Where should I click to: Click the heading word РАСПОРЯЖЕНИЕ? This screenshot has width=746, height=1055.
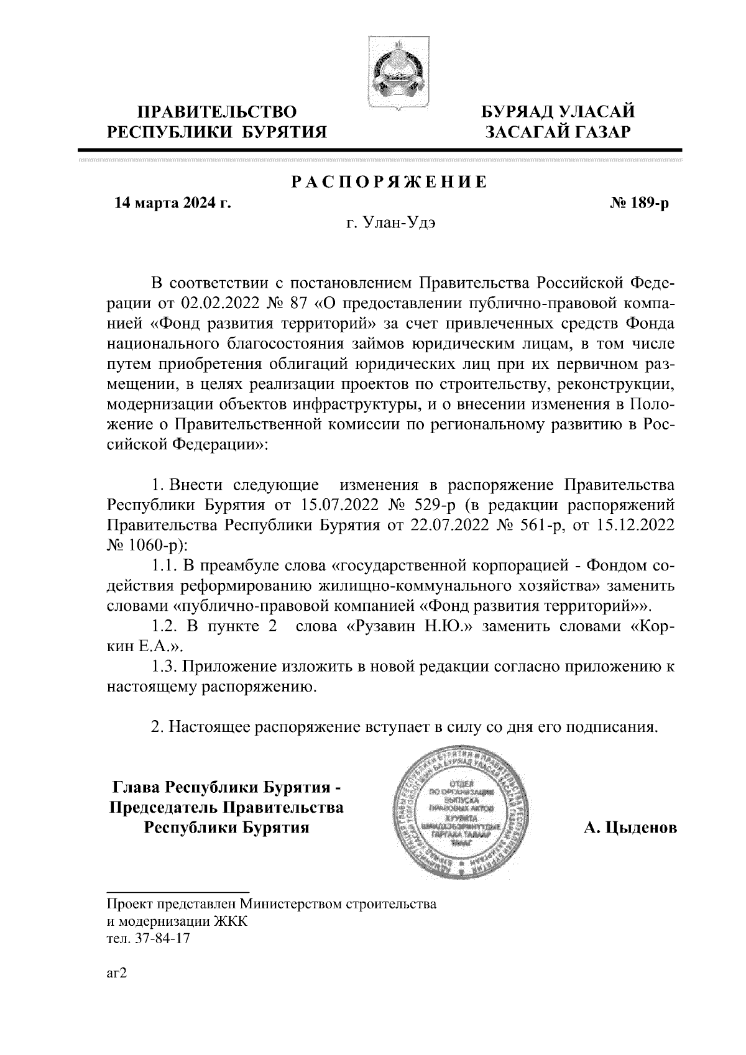coord(389,183)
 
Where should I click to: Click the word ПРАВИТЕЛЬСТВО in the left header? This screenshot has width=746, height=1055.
coord(217,112)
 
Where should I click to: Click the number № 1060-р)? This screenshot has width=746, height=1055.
coord(146,544)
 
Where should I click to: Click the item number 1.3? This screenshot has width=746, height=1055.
coord(165,667)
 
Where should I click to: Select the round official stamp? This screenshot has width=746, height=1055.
coord(462,812)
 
